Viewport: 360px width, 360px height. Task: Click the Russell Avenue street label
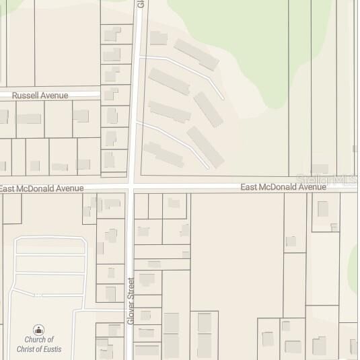click(40, 96)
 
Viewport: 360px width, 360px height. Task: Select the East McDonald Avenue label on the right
click(283, 187)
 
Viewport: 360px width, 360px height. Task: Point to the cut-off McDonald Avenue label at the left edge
click(42, 188)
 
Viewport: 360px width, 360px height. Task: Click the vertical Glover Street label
click(131, 301)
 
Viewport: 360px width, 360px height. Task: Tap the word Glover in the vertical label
click(131, 314)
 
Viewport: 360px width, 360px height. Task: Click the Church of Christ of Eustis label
click(38, 344)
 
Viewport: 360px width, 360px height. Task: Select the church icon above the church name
click(39, 330)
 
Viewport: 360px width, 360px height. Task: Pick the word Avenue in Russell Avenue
click(54, 96)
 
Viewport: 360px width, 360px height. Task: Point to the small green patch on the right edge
click(354, 258)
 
